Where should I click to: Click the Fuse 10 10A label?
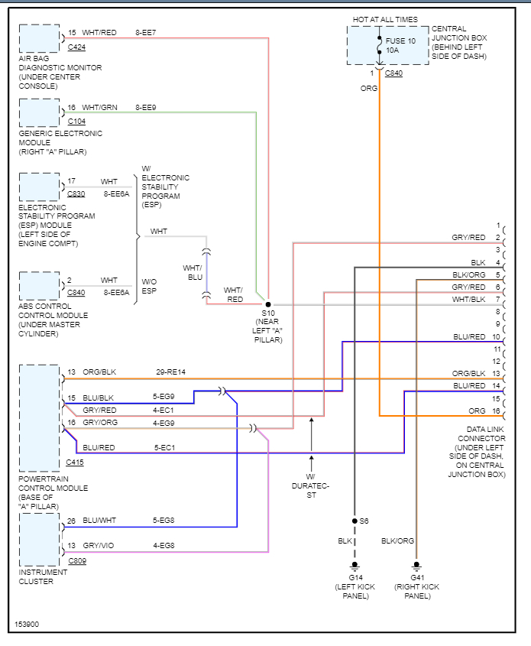pos(400,45)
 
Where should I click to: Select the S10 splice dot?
pos(268,304)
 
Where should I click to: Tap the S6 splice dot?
pos(355,521)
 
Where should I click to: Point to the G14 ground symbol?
pos(355,566)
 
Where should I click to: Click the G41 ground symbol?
pos(416,566)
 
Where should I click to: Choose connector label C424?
pos(76,47)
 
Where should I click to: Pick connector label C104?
pos(76,122)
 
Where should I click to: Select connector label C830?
pos(76,193)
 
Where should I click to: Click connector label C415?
pos(75,463)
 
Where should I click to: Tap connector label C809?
pos(77,560)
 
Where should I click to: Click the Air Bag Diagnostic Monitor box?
pos(40,39)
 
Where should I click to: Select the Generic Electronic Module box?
pos(40,113)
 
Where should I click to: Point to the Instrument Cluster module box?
pos(40,540)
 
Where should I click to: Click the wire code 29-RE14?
pos(171,372)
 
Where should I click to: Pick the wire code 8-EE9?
pos(146,108)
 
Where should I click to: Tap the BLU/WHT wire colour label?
pos(99,521)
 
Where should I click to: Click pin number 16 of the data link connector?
pos(496,411)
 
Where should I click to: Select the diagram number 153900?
pos(27,624)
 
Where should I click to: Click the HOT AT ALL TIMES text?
pos(385,19)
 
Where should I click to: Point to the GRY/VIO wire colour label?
pos(99,546)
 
